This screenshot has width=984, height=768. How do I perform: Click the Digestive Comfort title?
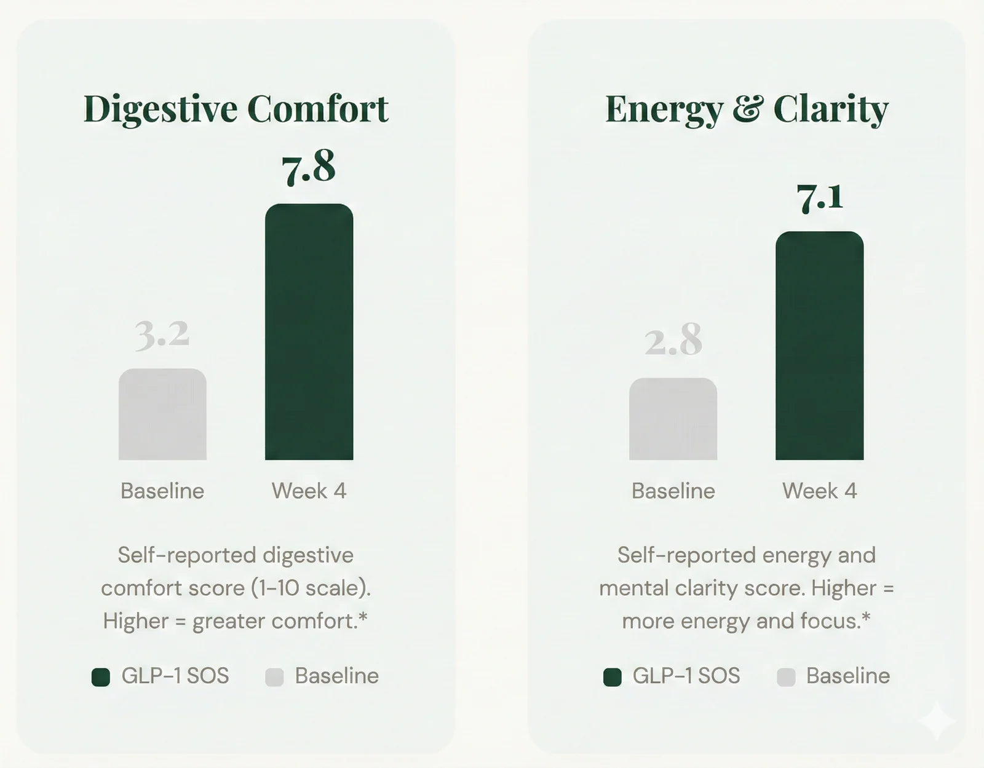coord(236,109)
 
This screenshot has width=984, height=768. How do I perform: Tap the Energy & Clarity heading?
coord(747,109)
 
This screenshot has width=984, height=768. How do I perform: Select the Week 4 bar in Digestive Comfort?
coord(309,332)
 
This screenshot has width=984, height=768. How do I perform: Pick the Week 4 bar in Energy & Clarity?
coord(819,346)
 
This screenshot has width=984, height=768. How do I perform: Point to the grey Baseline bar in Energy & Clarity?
coord(673,419)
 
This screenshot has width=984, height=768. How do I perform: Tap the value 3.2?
coord(162,336)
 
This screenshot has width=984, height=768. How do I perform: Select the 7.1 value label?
coord(820,198)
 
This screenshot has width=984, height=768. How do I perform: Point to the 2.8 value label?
coord(673,341)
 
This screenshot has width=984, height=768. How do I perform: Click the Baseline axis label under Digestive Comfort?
coord(162,491)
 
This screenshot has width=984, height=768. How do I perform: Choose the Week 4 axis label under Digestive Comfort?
coord(309,491)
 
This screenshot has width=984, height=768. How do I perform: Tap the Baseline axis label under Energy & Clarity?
coord(673,491)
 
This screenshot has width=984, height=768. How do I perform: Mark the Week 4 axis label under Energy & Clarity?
coord(819,491)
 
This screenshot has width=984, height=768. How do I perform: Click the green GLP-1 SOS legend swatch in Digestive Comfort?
coord(101,677)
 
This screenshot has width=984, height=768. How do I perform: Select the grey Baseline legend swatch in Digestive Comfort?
coord(274,677)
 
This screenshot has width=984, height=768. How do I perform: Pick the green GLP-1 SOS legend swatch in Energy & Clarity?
coord(613,677)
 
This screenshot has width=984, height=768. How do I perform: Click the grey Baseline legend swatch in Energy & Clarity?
coord(786,677)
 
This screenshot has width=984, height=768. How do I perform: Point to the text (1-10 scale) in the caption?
coord(311,588)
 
